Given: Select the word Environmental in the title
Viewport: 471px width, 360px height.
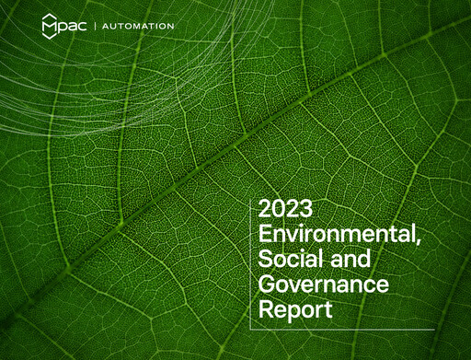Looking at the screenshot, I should coord(335,233).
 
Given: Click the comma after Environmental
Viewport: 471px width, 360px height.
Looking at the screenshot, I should coord(418,241).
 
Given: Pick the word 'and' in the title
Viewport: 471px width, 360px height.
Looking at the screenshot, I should coord(347,259).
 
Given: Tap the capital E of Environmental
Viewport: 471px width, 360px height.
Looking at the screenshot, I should coord(265,233).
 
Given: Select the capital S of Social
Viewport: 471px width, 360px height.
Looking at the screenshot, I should coord(265,259).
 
